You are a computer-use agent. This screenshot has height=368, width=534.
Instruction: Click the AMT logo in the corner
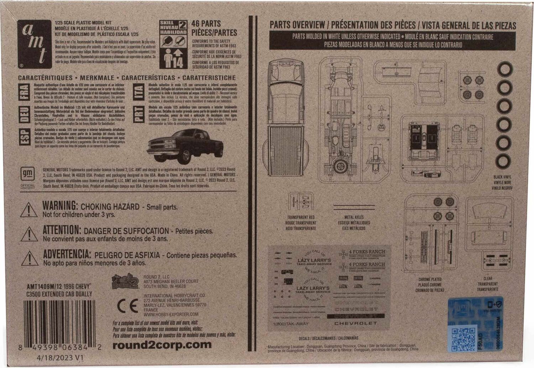click(34, 44)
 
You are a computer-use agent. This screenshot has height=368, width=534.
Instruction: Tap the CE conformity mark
click(127, 306)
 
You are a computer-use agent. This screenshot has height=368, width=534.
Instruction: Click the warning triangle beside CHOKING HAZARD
click(29, 210)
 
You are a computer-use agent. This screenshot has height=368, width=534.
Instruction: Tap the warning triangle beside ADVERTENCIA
click(29, 258)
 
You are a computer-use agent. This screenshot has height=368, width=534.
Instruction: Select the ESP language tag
click(24, 136)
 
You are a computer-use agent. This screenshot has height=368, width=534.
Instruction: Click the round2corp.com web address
click(162, 345)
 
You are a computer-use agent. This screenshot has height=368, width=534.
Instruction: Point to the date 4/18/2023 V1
click(55, 358)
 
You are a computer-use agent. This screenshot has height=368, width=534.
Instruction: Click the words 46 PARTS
click(206, 24)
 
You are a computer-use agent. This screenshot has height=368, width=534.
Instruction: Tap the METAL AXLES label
click(354, 217)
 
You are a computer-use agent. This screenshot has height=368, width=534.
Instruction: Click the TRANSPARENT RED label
click(301, 217)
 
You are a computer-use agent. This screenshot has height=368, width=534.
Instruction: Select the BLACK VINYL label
click(502, 177)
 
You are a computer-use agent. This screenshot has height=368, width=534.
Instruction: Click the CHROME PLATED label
click(430, 280)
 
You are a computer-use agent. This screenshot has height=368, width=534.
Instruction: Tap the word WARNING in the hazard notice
click(60, 206)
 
